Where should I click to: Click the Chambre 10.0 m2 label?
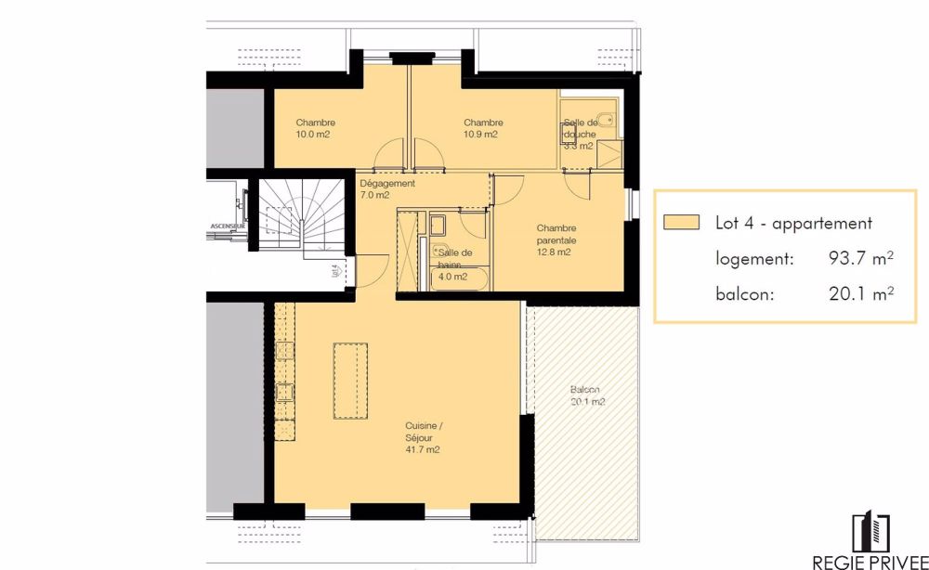tap(315, 128)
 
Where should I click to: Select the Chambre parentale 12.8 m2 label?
tap(556, 240)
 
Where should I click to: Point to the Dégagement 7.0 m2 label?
tap(386, 189)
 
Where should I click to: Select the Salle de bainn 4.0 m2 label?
tap(454, 265)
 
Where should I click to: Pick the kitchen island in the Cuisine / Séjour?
tap(350, 381)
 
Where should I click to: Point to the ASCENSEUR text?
tap(228, 226)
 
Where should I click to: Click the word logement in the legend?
tap(754, 260)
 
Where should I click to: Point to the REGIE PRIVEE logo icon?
tap(871, 531)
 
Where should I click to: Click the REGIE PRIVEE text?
tap(870, 561)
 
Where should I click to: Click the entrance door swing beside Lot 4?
tap(372, 269)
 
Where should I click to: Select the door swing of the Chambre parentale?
tap(577, 186)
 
